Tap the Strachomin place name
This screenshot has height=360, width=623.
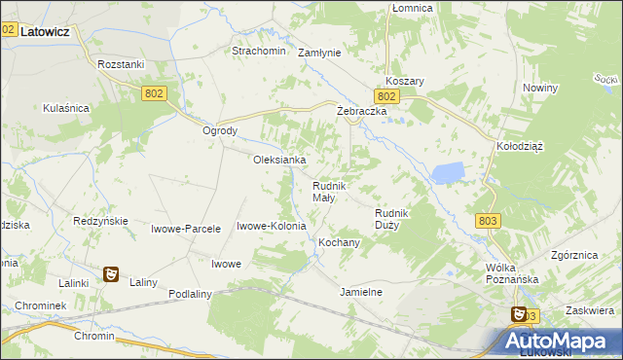[x=258, y=51]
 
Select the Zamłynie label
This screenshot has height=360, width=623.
[x=319, y=53]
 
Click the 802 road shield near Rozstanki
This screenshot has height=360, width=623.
[x=155, y=92]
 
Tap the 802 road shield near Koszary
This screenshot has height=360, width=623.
[x=386, y=96]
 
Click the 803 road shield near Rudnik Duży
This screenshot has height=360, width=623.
[x=489, y=222]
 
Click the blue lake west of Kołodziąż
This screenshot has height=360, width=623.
[x=448, y=173]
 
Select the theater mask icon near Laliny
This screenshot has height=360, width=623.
[x=112, y=275]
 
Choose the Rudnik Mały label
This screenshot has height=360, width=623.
[x=324, y=192]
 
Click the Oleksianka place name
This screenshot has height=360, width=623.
[x=280, y=160]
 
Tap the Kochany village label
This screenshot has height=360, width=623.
[x=340, y=242]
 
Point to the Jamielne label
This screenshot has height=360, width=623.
[x=361, y=292]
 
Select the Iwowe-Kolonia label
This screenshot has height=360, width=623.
[x=272, y=226]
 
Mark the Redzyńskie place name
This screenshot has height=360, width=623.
[x=101, y=221]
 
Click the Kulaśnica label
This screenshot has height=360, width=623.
[x=66, y=109]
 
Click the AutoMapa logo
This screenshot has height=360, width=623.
[x=559, y=341]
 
